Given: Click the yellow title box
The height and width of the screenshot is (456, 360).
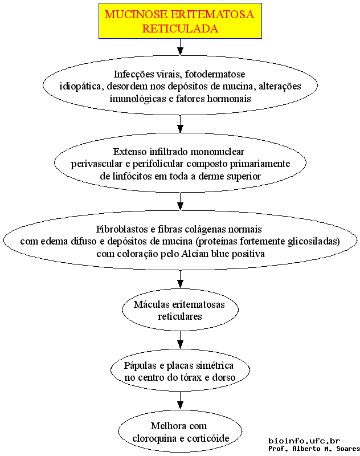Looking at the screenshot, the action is tap(180, 21).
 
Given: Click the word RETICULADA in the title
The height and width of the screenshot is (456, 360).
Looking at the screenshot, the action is tap(180, 28).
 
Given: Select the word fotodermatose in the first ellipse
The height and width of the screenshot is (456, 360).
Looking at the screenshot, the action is tap(215, 74).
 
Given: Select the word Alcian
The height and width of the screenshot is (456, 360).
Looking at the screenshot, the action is tap(195, 254).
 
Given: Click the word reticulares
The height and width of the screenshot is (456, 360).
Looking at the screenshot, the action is tap(180, 316).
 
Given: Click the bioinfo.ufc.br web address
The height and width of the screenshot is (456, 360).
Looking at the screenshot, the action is tap(304, 441).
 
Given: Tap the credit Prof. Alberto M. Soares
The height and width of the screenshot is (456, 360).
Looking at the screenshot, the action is tap(314, 449).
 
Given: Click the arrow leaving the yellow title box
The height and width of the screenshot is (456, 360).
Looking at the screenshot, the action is tap(180, 47).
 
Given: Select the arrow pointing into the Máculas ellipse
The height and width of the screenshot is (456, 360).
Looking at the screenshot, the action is tap(180, 279).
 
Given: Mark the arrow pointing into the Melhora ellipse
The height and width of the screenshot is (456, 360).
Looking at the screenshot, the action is tap(180, 401).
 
